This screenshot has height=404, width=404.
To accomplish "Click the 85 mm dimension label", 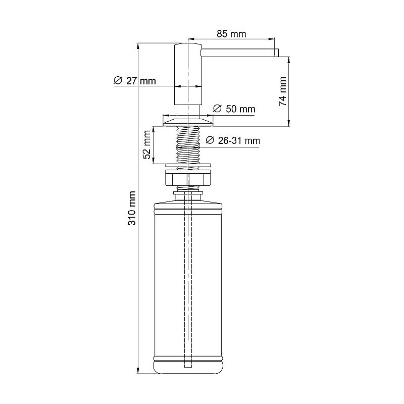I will (x=231, y=34).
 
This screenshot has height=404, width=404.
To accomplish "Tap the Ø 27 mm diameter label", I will (x=135, y=81).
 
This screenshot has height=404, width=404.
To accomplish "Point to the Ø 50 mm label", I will (x=234, y=109).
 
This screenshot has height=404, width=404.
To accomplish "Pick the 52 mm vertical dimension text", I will (x=147, y=145).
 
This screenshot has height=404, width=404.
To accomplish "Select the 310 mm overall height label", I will (x=132, y=208).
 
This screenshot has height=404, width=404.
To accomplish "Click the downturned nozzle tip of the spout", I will (x=276, y=53).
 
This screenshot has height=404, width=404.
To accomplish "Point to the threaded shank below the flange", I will (x=188, y=144).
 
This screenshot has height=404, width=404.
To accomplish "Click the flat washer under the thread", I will (x=188, y=165).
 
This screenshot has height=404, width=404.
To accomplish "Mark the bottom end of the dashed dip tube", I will (x=188, y=365).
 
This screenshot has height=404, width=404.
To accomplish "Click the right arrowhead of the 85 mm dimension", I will (x=273, y=38).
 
